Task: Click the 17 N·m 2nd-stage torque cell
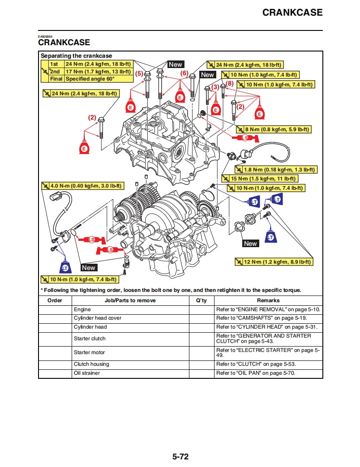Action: [98, 71]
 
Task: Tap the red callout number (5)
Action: [139, 73]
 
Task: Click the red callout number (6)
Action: [184, 73]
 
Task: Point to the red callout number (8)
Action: [230, 83]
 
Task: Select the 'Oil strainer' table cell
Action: [87, 373]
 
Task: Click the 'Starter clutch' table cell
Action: [90, 338]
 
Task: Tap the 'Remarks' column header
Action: [268, 300]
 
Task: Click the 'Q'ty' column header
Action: [201, 300]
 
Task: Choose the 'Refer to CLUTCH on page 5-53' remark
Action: [256, 364]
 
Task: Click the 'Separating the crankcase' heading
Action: [74, 56]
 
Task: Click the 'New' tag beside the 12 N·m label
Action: [250, 244]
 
